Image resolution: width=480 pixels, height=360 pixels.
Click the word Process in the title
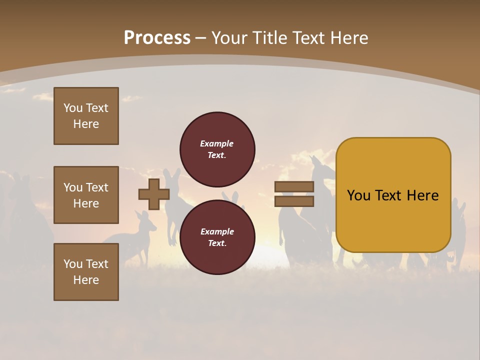(157, 38)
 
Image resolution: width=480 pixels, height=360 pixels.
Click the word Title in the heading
(269, 38)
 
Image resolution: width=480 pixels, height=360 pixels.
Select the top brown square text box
(86, 116)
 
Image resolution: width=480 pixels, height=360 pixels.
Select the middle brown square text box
(86, 195)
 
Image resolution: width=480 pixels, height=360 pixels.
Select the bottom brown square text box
(86, 272)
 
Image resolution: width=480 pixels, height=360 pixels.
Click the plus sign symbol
(154, 194)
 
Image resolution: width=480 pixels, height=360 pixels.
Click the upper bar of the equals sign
(294, 187)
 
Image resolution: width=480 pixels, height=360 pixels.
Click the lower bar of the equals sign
(294, 201)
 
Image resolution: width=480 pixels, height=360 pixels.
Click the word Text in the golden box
(393, 195)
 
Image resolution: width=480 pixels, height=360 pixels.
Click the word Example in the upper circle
(216, 143)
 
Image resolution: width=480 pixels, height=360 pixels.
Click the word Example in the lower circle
(216, 231)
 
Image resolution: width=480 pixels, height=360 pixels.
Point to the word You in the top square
(73, 108)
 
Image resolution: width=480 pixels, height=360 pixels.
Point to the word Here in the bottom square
(86, 280)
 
